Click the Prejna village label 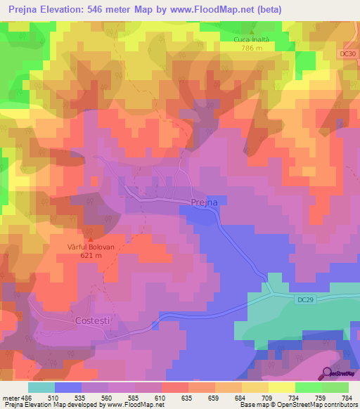click(x=205, y=202)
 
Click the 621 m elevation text click(x=90, y=257)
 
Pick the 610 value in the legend click(x=161, y=397)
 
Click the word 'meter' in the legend click(x=11, y=397)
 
